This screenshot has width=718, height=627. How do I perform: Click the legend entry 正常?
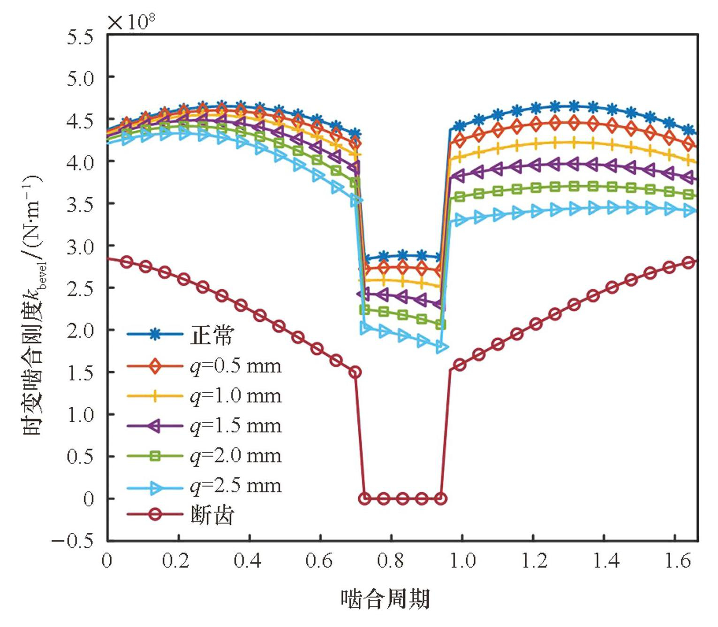[x=212, y=335]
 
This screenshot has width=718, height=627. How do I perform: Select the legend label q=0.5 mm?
[x=235, y=366]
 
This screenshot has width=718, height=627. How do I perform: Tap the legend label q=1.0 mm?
[x=235, y=396]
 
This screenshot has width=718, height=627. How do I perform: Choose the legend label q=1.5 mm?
[x=235, y=426]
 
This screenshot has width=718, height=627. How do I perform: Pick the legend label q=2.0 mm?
[x=235, y=455]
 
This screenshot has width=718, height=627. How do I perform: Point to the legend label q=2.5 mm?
[x=235, y=486]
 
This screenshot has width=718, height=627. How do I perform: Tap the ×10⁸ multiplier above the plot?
[x=131, y=21]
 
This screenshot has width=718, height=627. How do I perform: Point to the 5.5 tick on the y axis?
[x=80, y=37]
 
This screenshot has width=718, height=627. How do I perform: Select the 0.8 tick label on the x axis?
[x=391, y=560]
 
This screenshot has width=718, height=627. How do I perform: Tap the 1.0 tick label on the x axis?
[x=462, y=560]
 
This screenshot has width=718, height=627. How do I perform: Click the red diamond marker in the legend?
[x=155, y=366]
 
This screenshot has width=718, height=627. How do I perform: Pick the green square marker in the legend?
[x=155, y=455]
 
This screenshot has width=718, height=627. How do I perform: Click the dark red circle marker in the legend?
[x=155, y=515]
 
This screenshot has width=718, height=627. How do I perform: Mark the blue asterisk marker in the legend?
[x=155, y=335]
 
